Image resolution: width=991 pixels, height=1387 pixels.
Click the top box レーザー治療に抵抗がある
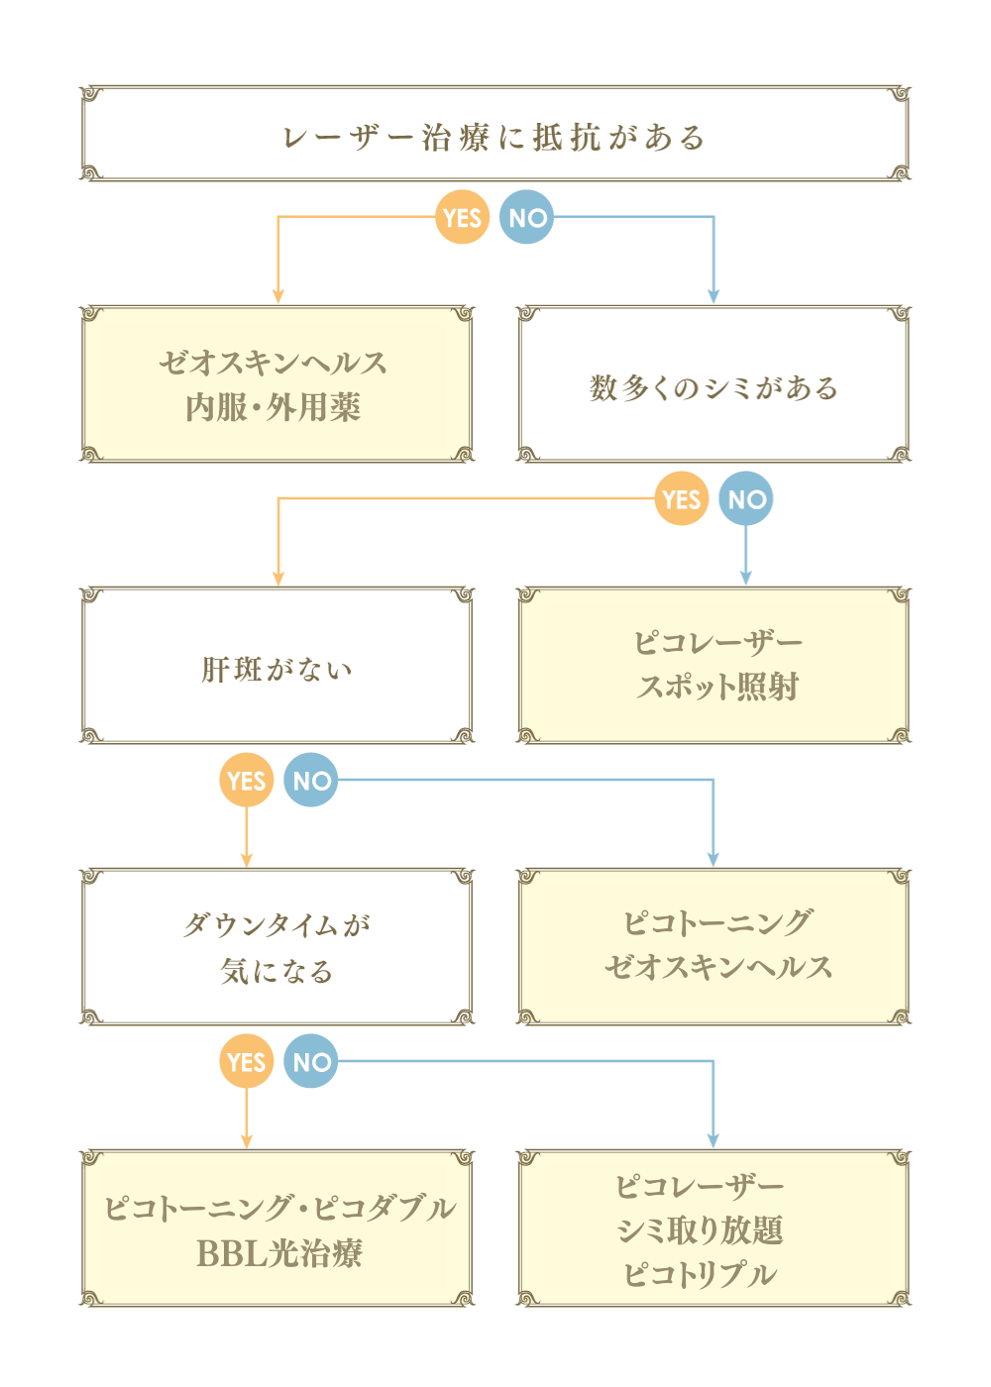click(495, 134)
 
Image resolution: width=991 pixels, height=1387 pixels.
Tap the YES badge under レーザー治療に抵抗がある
click(462, 218)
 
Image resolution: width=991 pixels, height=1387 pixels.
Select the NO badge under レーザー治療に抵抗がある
click(527, 218)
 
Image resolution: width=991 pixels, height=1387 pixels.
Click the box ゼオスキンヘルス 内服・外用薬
click(276, 384)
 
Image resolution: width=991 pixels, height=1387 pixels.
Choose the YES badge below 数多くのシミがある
click(681, 499)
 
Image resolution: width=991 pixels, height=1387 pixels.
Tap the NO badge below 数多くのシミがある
click(746, 499)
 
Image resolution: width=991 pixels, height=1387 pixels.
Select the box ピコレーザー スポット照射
click(714, 666)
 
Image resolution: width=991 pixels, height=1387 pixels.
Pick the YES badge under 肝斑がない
click(246, 781)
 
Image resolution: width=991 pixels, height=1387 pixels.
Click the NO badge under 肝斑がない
click(311, 781)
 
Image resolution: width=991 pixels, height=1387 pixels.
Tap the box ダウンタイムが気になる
click(276, 947)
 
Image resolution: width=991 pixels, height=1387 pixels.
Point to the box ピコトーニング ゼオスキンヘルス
click(714, 947)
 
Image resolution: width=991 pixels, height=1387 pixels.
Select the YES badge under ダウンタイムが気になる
click(246, 1062)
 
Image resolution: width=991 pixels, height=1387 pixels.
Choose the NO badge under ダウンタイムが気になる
click(311, 1062)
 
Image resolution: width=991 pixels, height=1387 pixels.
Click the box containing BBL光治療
click(276, 1228)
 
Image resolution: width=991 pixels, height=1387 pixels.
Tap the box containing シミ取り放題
click(714, 1228)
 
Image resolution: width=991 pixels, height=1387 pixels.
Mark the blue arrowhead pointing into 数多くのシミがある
click(713, 296)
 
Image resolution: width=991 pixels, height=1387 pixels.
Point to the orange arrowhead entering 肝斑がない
click(279, 578)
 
